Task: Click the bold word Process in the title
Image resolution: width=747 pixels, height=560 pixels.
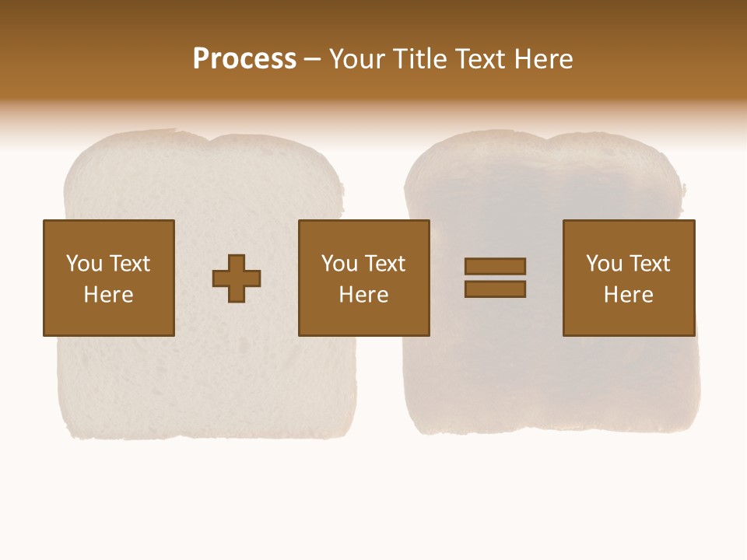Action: [x=244, y=59]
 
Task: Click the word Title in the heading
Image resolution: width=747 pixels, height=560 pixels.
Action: [x=421, y=59]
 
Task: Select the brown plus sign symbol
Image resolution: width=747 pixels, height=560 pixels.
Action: [x=237, y=278]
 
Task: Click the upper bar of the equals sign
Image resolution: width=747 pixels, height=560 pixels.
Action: [x=495, y=266]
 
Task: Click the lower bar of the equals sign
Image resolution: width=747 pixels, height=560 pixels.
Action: [x=495, y=289]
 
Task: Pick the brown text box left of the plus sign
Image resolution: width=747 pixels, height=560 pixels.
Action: [x=108, y=278]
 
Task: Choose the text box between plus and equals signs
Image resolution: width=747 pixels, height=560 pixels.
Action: [x=363, y=278]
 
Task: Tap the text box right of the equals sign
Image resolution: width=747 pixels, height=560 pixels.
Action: [x=628, y=278]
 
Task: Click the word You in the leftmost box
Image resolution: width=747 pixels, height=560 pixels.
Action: [x=85, y=264]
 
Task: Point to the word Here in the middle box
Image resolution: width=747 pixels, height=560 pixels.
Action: [x=363, y=295]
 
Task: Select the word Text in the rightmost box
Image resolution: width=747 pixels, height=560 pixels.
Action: [x=650, y=264]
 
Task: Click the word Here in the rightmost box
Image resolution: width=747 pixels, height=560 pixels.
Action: [x=628, y=295]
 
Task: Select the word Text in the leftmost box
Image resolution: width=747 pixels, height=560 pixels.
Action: [x=130, y=264]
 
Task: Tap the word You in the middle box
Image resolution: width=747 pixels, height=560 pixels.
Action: [x=340, y=264]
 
